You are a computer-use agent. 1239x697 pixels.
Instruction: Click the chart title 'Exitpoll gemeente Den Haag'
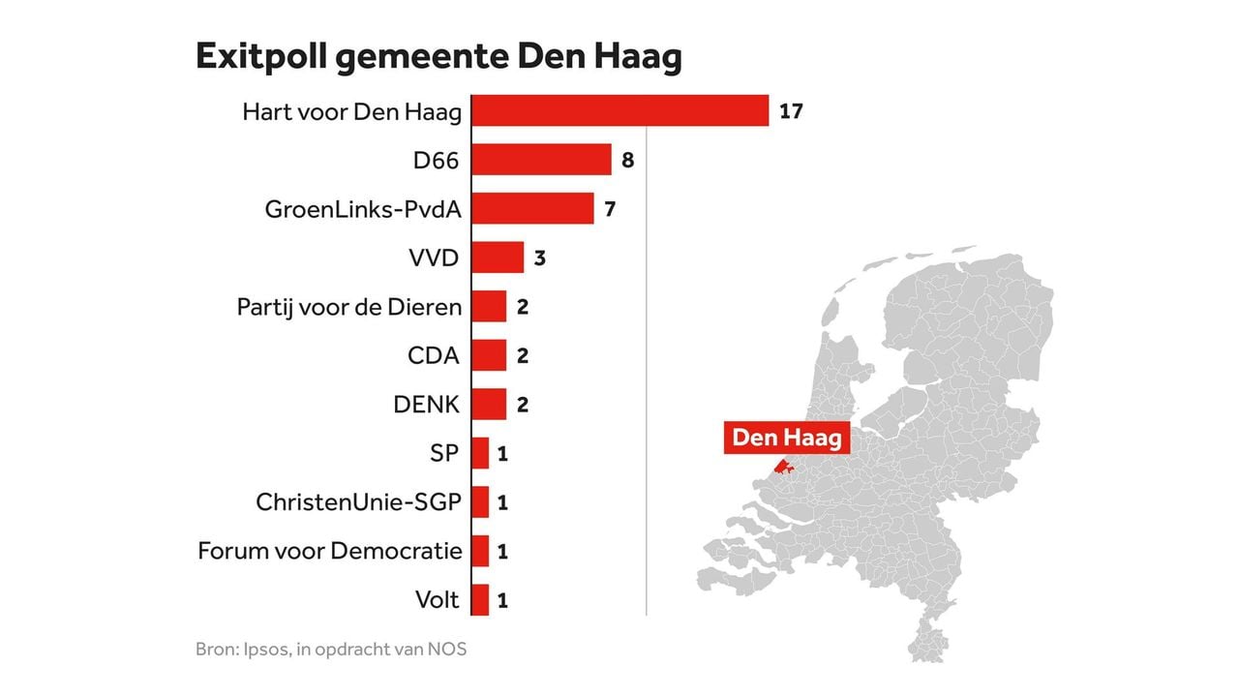438,57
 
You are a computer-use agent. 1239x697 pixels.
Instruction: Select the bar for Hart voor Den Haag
619,111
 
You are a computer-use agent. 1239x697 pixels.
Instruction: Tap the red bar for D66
541,160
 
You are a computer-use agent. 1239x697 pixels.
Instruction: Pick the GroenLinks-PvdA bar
532,208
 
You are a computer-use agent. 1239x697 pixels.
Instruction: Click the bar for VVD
498,258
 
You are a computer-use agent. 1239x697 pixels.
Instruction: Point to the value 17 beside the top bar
791,111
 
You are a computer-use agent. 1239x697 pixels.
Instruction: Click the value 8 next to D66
627,160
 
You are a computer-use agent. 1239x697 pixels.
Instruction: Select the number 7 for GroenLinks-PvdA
610,208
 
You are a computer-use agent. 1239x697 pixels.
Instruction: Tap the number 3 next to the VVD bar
540,258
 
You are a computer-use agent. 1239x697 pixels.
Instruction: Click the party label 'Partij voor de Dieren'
348,307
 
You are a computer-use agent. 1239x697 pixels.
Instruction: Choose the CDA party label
434,355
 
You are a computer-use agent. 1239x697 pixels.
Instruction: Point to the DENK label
427,405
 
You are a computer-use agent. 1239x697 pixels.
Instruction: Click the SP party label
443,453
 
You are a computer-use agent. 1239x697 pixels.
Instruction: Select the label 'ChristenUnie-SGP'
358,502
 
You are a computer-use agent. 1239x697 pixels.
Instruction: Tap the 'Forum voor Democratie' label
329,551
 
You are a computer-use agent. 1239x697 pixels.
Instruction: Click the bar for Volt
480,600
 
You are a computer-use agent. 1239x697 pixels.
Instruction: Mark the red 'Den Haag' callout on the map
786,438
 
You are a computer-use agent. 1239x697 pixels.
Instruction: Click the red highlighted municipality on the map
783,470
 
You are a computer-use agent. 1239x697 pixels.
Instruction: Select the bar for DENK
489,405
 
